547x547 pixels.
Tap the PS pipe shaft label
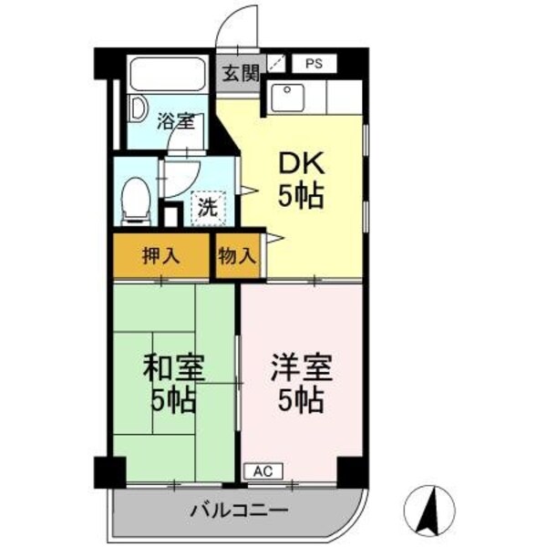point(313,64)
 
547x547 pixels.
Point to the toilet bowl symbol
point(137,198)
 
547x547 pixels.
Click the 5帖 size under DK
point(301,197)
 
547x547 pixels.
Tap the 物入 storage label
point(237,255)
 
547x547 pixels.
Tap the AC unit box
point(263,471)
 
